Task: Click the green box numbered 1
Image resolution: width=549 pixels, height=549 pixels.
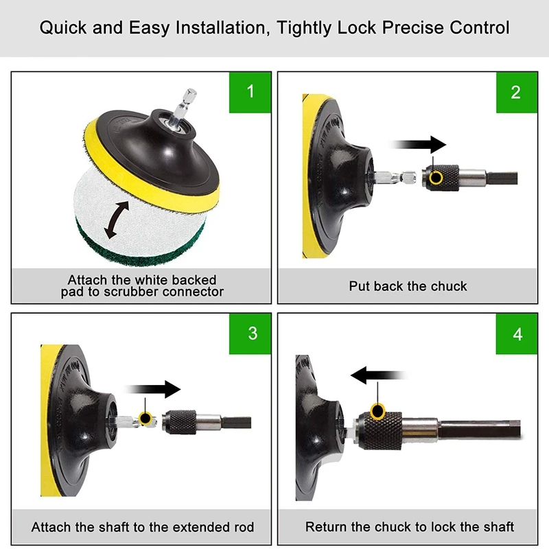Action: tap(250, 93)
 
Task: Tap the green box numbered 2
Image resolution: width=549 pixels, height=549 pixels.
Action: tap(517, 93)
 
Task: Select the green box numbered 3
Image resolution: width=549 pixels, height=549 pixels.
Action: tap(250, 334)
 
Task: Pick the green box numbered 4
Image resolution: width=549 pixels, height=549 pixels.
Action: tap(517, 334)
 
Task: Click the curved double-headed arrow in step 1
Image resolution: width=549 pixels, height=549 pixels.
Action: tap(117, 220)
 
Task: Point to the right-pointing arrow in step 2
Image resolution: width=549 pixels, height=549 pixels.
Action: tap(418, 144)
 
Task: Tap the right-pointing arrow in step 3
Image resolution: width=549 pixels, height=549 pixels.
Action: tap(152, 389)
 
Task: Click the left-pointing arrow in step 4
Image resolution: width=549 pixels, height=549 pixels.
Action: tap(379, 375)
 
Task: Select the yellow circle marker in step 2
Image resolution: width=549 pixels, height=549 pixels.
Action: tap(436, 177)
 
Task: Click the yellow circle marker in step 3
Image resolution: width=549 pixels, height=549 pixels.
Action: tap(145, 418)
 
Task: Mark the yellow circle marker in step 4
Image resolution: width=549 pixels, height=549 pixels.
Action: tap(378, 410)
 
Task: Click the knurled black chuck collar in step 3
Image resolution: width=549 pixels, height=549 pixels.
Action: tap(180, 423)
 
